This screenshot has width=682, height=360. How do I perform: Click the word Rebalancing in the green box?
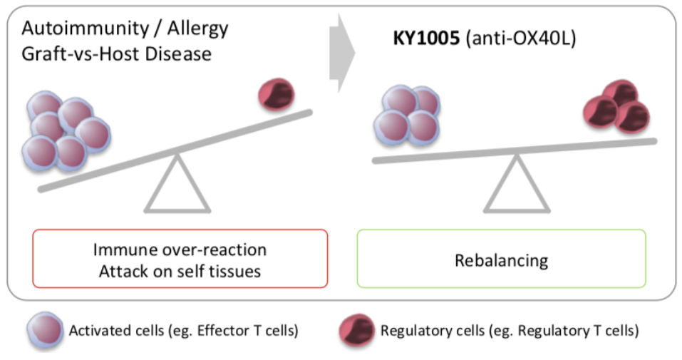pyautogui.click(x=501, y=260)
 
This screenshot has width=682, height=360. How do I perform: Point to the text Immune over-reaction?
pyautogui.click(x=180, y=250)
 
